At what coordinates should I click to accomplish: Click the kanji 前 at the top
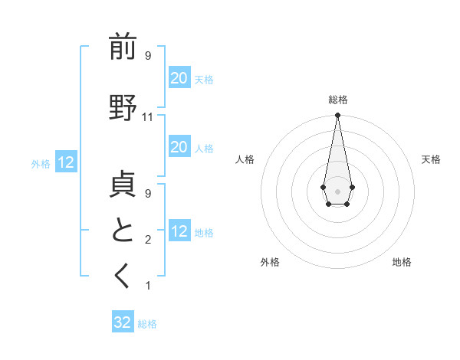pos(123,47)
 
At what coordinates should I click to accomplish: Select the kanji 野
pos(123,108)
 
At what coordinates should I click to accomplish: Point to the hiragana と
pos(123,231)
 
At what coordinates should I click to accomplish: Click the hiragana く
pos(123,277)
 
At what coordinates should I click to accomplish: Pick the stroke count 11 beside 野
pos(148,117)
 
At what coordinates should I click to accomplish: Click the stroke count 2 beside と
pos(148,241)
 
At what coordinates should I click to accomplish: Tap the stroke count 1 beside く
pos(148,286)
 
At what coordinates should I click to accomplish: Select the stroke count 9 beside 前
pos(148,56)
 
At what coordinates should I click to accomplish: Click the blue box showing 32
pos(123,322)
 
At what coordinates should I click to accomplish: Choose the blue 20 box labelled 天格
pos(179,77)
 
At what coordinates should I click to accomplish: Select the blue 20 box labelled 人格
pos(179,147)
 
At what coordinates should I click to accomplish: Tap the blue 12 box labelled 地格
pos(179,231)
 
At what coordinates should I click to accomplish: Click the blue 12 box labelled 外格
pos(65,162)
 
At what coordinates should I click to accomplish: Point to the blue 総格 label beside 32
pos(147,324)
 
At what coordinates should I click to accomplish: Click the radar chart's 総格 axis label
pos(338,100)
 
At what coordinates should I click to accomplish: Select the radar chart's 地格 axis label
pos(402,263)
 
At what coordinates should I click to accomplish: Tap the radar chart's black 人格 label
pos(245,159)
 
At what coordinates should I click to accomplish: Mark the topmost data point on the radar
pos(337,116)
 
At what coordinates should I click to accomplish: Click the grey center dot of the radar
pos(337,190)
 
